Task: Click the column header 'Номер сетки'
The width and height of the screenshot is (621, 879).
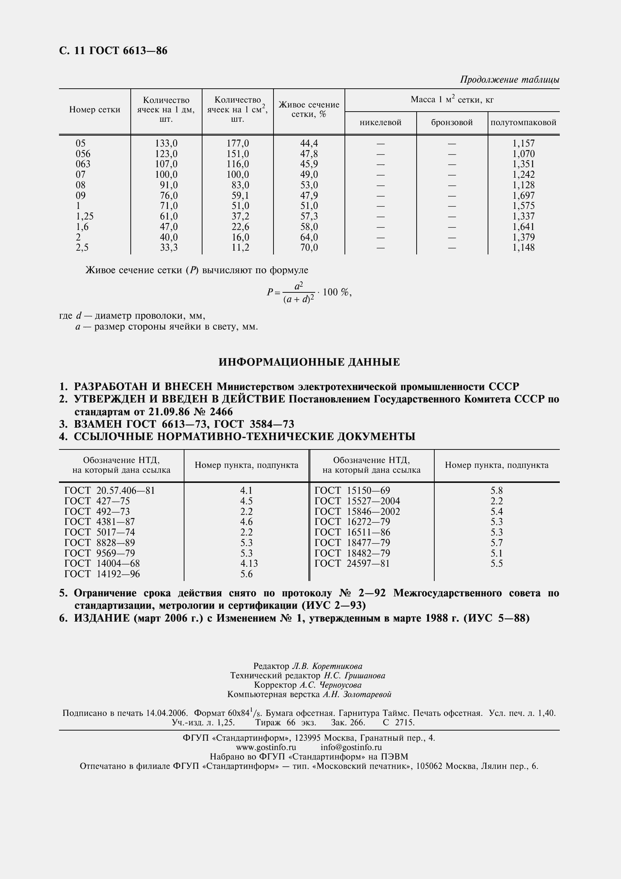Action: (95, 110)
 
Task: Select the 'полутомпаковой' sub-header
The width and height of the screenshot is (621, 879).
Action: (523, 123)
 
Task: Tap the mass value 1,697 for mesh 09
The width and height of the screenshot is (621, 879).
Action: (523, 196)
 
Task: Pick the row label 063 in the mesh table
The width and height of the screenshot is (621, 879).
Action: (83, 164)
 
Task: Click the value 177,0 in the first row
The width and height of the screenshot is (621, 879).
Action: (237, 144)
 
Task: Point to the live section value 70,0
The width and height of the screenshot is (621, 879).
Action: (309, 248)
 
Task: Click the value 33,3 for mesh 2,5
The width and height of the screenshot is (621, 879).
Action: (168, 248)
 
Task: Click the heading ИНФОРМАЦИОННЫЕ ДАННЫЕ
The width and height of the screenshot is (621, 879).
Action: (309, 362)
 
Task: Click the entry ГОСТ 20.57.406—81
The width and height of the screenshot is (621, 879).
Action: (110, 491)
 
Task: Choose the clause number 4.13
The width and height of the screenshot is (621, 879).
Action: (249, 564)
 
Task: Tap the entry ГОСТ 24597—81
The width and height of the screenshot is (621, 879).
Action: (352, 564)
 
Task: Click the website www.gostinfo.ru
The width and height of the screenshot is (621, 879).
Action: (266, 747)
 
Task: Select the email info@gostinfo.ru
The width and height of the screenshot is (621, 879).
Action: (351, 747)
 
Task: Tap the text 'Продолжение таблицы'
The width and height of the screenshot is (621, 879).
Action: (509, 80)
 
